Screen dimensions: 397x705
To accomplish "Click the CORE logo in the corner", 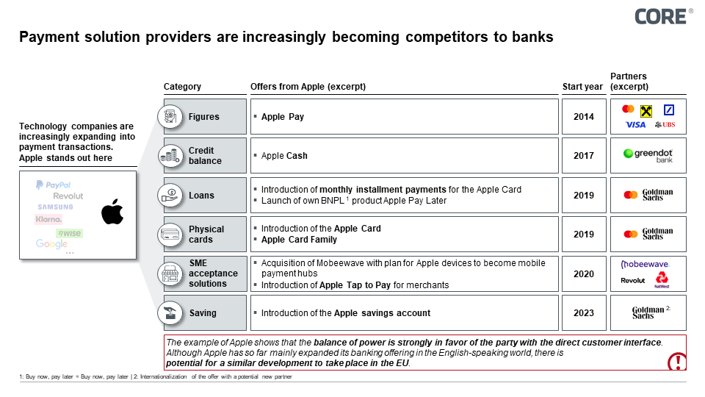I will [x=662, y=16].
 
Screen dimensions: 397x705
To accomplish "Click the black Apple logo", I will [x=112, y=212].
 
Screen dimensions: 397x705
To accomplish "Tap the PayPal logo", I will [x=53, y=185].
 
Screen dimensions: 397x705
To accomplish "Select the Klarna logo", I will [x=49, y=219].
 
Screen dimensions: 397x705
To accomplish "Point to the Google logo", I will [x=51, y=244].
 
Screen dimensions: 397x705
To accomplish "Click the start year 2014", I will [x=584, y=117].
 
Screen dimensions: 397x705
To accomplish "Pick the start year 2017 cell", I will [x=584, y=156].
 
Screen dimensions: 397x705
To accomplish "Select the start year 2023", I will [x=584, y=313].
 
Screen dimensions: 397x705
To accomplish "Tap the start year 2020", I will [x=584, y=273].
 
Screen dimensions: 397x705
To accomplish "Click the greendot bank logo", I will [x=648, y=155].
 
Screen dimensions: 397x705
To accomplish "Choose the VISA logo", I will [x=635, y=125].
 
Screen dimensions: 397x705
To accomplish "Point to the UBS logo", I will [x=664, y=125].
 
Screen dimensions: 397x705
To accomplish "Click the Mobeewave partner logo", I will [x=645, y=264].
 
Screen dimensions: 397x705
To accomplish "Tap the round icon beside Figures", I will [x=170, y=117].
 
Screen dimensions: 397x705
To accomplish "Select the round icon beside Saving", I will [x=170, y=313].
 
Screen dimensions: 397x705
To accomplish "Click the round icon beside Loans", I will [x=170, y=195].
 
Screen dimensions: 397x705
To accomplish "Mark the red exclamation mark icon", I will [x=676, y=361].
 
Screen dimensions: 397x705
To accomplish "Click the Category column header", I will [x=182, y=87].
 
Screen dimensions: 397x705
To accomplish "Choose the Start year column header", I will [x=582, y=87].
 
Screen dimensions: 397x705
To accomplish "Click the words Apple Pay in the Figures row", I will [x=283, y=117].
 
